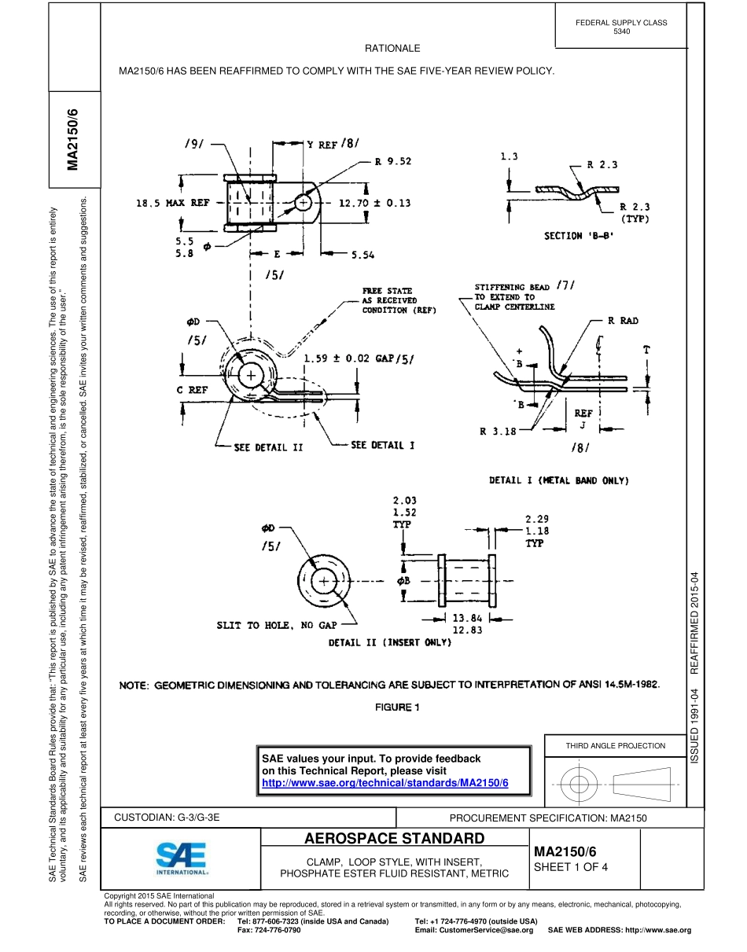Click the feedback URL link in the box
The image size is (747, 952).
(x=385, y=784)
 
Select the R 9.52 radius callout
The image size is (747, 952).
(x=393, y=162)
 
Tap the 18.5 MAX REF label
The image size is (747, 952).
(x=172, y=203)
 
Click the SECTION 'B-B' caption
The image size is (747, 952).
(x=579, y=235)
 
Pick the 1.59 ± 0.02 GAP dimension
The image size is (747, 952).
(x=359, y=358)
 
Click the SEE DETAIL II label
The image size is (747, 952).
(x=268, y=447)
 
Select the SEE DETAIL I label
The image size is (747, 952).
(x=382, y=446)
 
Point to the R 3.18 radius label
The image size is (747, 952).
(x=498, y=431)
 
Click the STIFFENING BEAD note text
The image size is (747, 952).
(x=515, y=297)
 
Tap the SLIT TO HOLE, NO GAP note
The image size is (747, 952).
(x=277, y=625)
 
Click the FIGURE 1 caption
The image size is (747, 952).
(x=397, y=707)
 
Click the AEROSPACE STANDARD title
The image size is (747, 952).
(x=395, y=838)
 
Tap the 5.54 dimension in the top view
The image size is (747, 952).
(x=362, y=255)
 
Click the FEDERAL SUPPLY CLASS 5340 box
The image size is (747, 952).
(x=621, y=27)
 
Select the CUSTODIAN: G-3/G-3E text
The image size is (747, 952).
(x=167, y=818)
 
